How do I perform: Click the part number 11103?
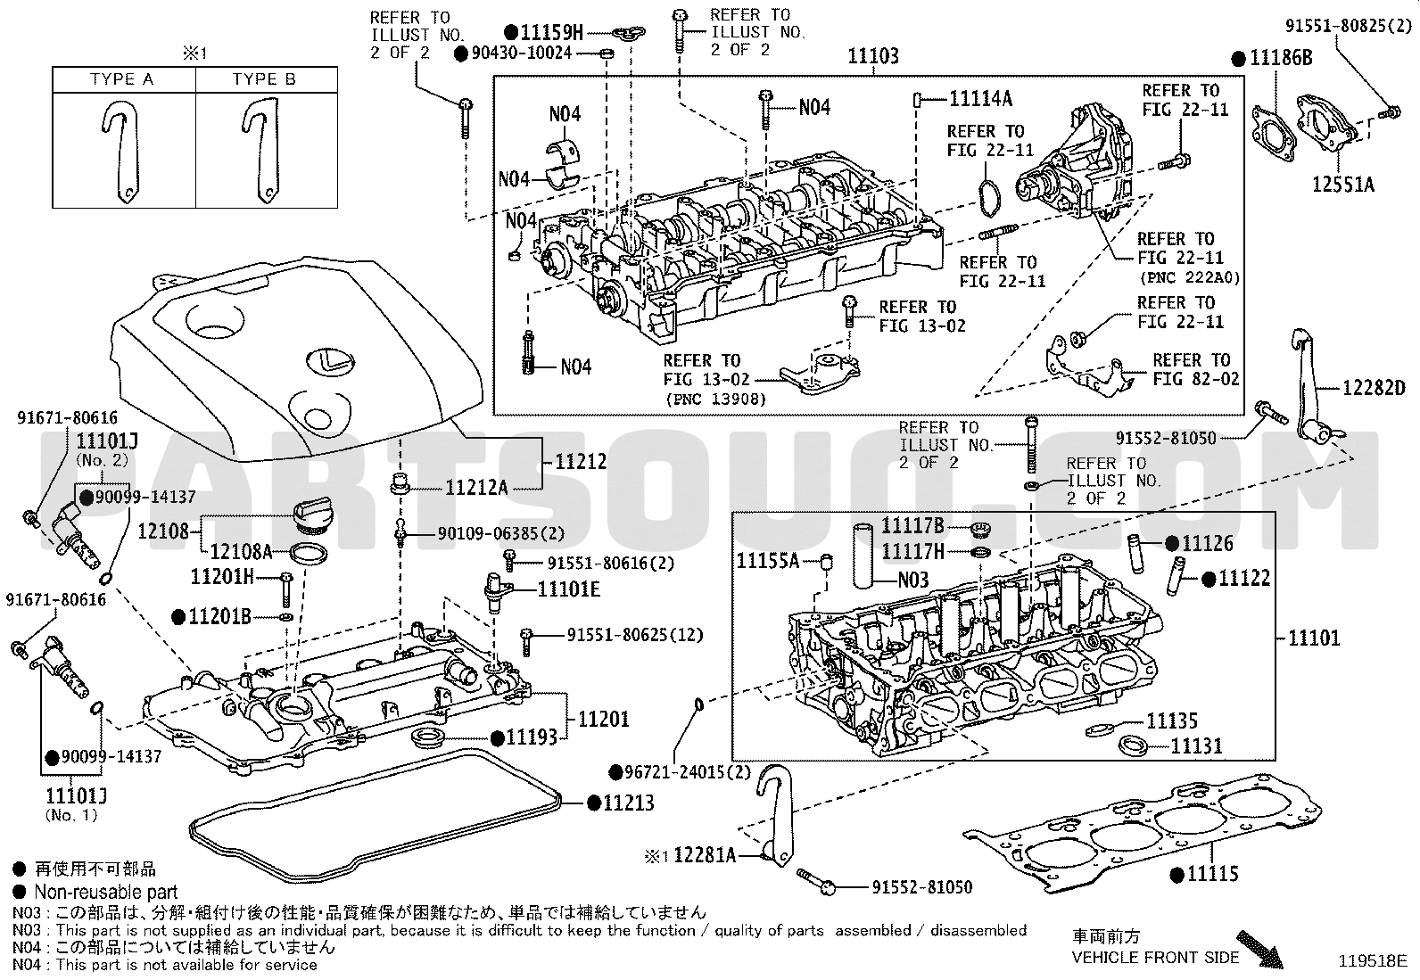click(873, 56)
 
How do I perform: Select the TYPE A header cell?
click(122, 79)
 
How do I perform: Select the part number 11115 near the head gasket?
click(1213, 874)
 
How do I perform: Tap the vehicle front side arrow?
click(1259, 950)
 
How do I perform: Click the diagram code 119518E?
click(1373, 961)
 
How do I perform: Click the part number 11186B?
click(1281, 58)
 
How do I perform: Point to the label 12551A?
click(1343, 185)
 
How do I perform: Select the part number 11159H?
click(551, 32)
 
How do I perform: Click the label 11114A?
click(980, 99)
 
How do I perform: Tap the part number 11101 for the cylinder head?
click(1314, 638)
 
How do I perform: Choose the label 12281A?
click(705, 855)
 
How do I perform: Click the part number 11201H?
click(222, 576)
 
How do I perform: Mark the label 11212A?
click(476, 488)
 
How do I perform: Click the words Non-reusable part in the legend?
click(106, 892)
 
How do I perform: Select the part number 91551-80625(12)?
click(635, 635)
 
